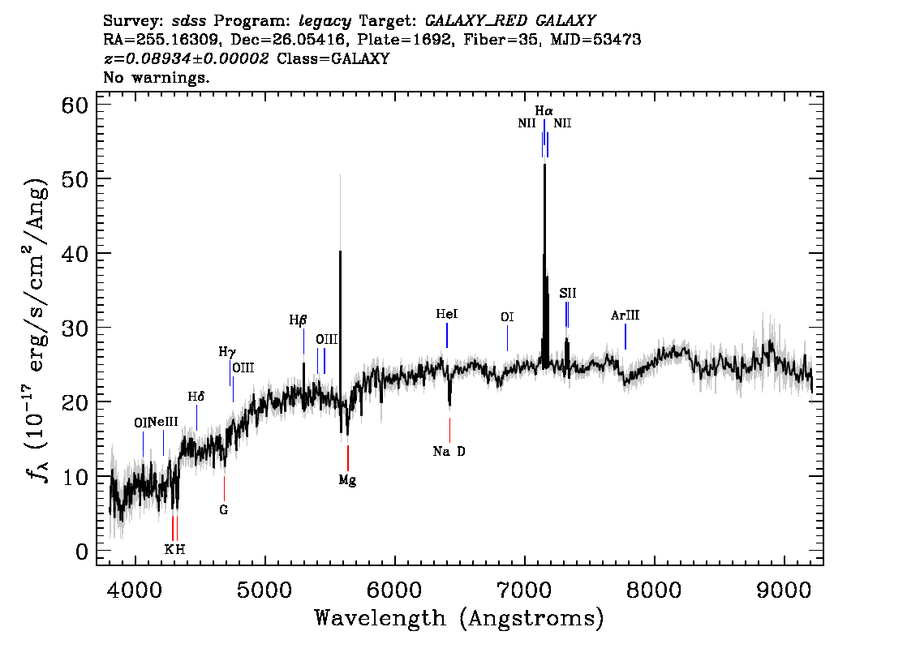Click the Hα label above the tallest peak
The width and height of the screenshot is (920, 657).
(x=544, y=111)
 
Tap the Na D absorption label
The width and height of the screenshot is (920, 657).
(x=449, y=452)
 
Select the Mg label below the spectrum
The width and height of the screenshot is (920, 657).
(x=347, y=480)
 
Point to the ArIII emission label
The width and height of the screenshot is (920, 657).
(x=625, y=316)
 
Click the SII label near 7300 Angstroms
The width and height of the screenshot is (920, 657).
(x=567, y=294)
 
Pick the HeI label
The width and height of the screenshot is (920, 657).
(x=446, y=315)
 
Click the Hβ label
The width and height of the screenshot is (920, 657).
(x=298, y=320)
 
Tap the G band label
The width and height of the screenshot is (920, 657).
(x=224, y=510)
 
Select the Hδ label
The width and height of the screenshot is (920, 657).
(x=196, y=397)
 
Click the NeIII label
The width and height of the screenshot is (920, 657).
(x=163, y=423)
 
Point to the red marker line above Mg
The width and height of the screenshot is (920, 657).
(x=348, y=458)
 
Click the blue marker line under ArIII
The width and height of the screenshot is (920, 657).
(x=626, y=337)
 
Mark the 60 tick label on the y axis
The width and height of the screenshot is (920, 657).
(x=75, y=105)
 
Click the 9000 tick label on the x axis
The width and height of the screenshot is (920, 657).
(x=783, y=590)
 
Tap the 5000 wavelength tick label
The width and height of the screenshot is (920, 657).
(x=264, y=590)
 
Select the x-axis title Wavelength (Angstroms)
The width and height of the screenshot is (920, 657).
(x=459, y=618)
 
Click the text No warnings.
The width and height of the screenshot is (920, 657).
(x=156, y=77)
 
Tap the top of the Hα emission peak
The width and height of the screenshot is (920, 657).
(x=544, y=165)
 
